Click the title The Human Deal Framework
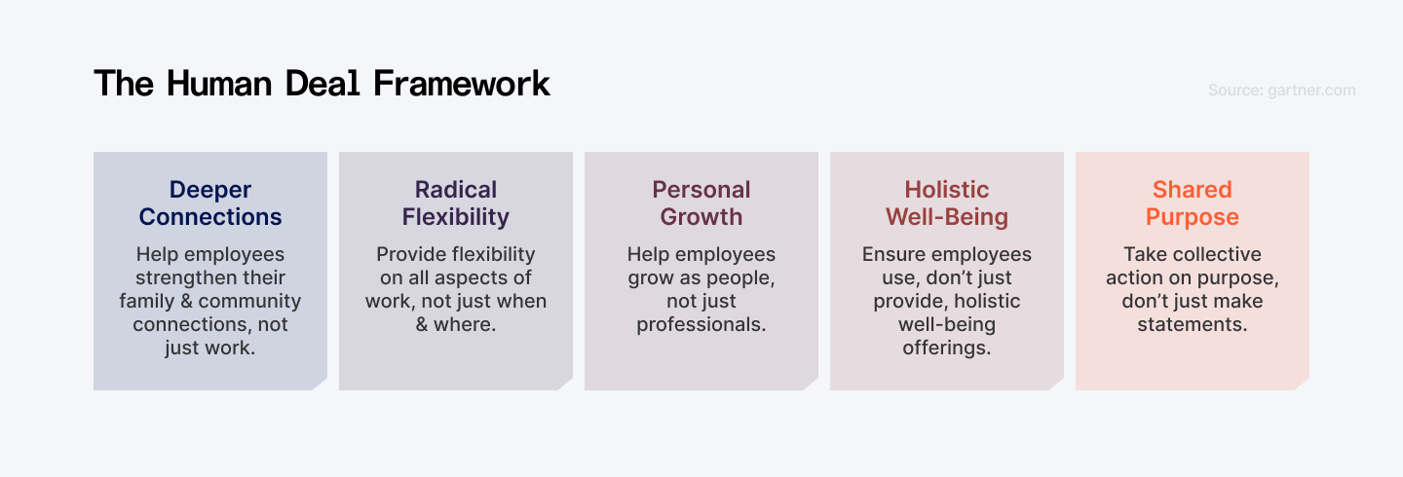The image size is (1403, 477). [x=322, y=84]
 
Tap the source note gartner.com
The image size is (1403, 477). [x=1281, y=91]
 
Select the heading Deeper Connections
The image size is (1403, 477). [x=210, y=202]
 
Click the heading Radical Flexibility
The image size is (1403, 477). [x=456, y=202]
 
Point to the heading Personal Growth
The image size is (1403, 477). [x=701, y=202]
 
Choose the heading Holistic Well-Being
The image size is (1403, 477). [x=947, y=202]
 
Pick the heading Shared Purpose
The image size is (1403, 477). [x=1193, y=202]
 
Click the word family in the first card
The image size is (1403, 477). [x=146, y=301]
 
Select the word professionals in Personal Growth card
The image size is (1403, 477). [x=701, y=324]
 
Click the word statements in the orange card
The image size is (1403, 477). [x=1193, y=324]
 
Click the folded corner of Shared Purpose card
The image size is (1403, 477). [x=1303, y=385]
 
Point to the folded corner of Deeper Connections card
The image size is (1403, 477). [x=321, y=385]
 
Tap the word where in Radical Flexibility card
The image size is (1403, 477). [x=470, y=324]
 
